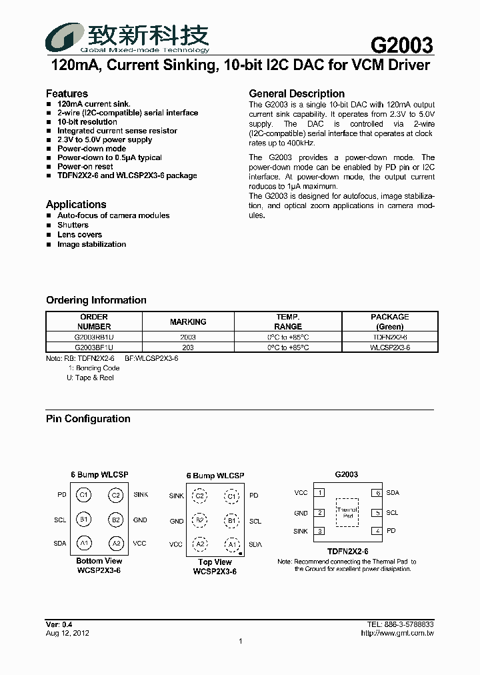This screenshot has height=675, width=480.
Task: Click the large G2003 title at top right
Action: [x=401, y=45]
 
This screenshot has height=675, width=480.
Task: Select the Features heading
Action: [x=67, y=93]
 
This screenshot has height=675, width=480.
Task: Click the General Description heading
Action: [x=297, y=93]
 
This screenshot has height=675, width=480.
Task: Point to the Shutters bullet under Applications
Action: [x=73, y=225]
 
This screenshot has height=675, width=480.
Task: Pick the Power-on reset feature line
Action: [x=85, y=167]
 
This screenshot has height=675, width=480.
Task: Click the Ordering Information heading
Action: [x=96, y=300]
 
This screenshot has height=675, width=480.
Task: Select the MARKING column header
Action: [x=188, y=321]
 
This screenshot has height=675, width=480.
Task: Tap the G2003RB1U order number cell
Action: [x=94, y=337]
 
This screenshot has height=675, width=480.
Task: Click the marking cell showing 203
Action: [x=188, y=348]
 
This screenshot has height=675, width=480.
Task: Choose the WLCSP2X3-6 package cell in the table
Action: [x=390, y=348]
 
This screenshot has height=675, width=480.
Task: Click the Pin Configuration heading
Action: [x=88, y=419]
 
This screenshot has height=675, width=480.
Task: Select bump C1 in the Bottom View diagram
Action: [x=83, y=495]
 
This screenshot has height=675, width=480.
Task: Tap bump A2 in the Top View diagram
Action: [x=199, y=544]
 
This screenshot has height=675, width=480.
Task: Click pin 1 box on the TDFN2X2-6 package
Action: [x=320, y=493]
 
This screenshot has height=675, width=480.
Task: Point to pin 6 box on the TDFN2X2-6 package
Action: [x=377, y=493]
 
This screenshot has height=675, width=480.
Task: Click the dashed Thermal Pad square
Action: [x=348, y=513]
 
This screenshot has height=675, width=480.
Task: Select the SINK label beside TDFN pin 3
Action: [x=301, y=532]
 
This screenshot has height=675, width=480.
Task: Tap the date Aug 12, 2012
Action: [x=67, y=633]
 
